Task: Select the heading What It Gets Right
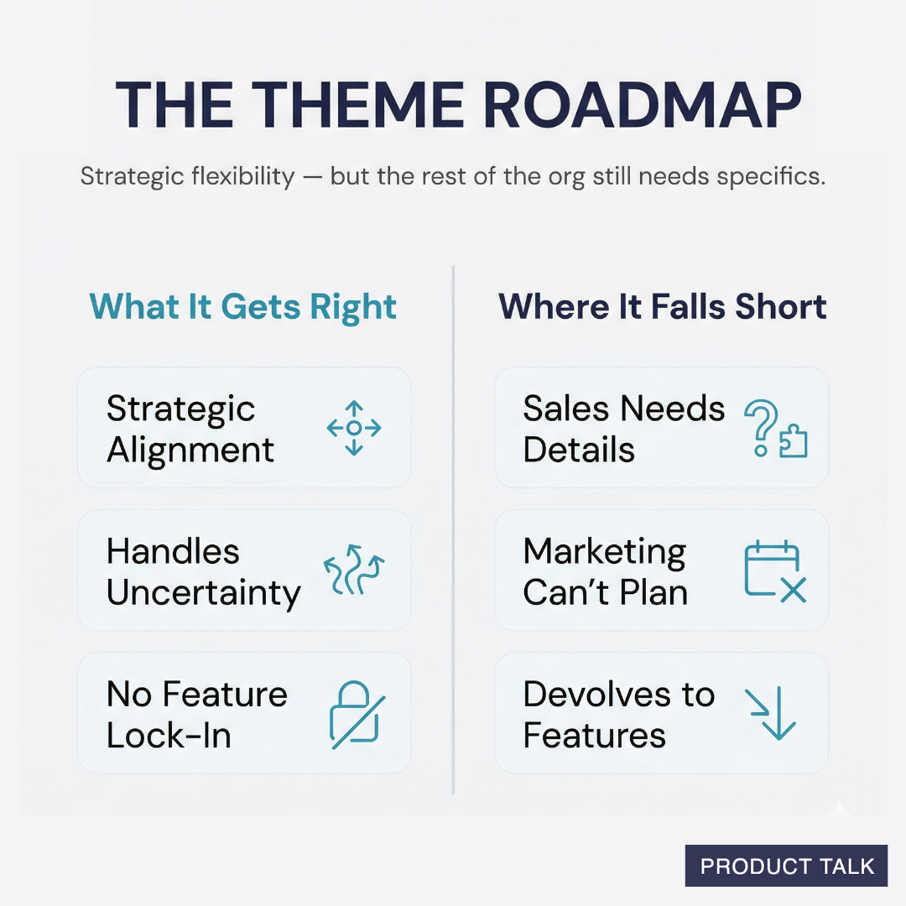(243, 307)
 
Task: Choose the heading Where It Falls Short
(663, 307)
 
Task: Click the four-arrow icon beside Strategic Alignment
(354, 428)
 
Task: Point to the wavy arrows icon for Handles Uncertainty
(354, 571)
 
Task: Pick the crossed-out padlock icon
(357, 714)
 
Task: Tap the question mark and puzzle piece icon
(776, 429)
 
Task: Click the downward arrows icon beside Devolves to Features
(771, 714)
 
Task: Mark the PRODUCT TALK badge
(786, 866)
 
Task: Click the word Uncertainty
(203, 593)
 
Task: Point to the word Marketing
(605, 552)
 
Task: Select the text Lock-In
(169, 736)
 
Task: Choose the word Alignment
(190, 450)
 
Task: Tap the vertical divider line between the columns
(453, 528)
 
